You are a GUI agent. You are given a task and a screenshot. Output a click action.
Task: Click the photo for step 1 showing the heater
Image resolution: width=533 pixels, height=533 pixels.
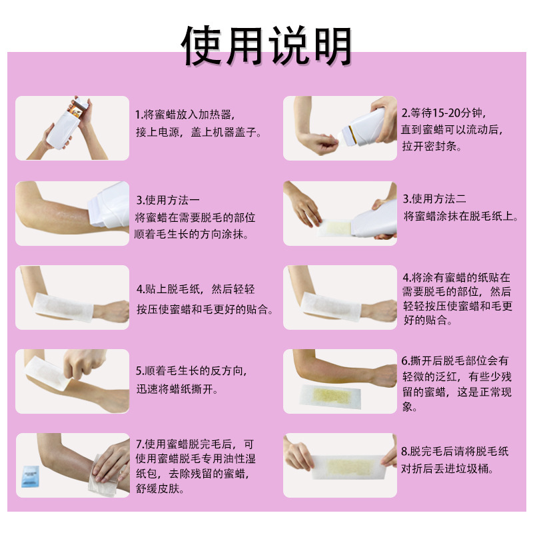[72, 128]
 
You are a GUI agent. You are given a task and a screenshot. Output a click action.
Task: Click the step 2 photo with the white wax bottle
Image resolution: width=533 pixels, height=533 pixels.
[340, 128]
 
